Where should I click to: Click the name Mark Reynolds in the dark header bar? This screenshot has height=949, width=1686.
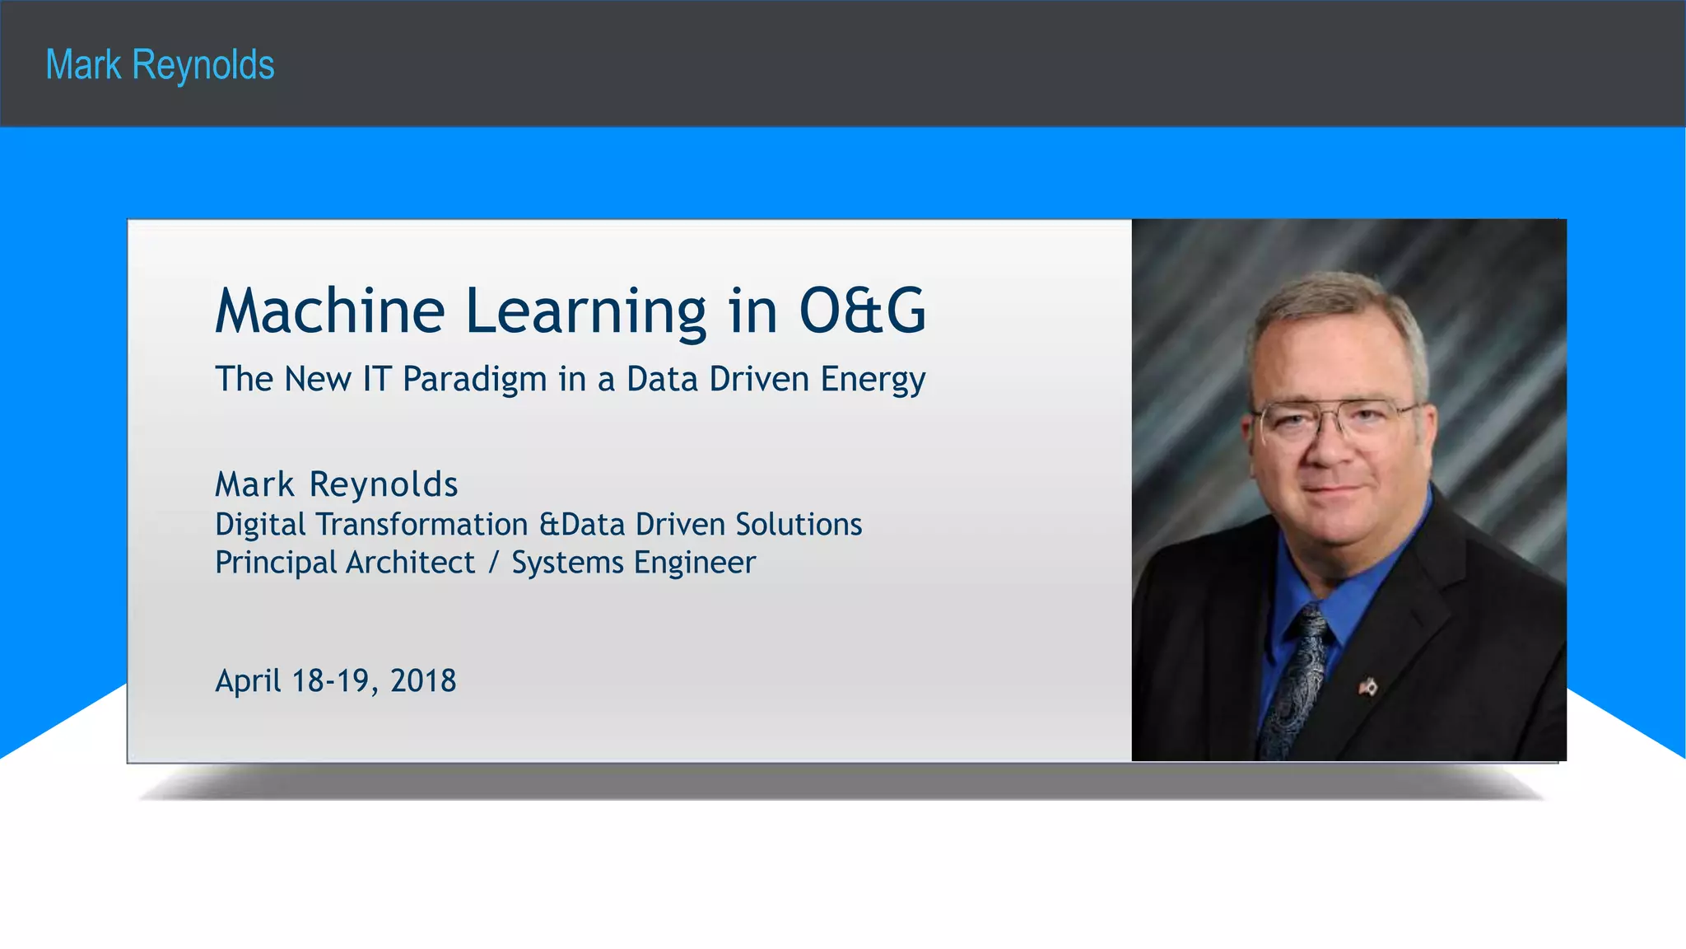[x=160, y=65]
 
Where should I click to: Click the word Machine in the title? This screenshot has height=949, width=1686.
[x=329, y=311]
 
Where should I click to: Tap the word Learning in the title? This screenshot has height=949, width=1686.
[x=585, y=311]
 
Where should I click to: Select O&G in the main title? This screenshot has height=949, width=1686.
[x=862, y=311]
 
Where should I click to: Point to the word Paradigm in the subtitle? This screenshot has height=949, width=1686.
[x=474, y=380]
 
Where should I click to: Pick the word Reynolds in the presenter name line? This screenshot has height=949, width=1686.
[x=384, y=484]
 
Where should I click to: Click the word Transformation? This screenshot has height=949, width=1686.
[x=422, y=525]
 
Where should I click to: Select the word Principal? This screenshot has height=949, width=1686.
[x=276, y=563]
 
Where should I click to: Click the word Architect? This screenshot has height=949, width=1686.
[x=410, y=563]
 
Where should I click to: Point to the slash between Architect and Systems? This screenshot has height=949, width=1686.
[x=493, y=563]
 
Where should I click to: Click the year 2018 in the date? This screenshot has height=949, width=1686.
[x=423, y=681]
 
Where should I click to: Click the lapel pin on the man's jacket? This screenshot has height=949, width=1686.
[x=1367, y=685]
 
